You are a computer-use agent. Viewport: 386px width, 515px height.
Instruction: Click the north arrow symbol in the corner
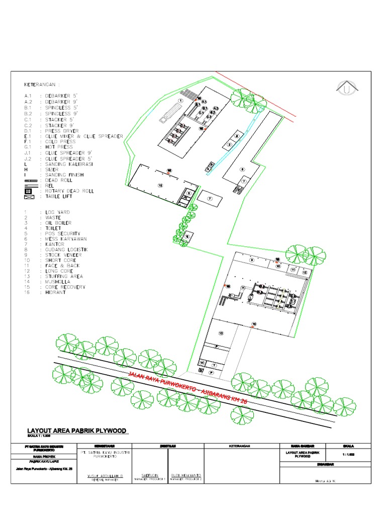pos(347,89)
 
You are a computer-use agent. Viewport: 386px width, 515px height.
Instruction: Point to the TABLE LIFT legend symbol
pos(29,197)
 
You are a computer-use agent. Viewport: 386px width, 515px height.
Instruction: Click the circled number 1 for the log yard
pos(179,101)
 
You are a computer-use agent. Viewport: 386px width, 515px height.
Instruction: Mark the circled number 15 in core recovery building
pos(160,185)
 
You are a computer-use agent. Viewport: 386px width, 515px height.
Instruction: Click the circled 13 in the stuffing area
pos(220,333)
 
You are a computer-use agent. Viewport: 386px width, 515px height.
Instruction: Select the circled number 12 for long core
pos(305,273)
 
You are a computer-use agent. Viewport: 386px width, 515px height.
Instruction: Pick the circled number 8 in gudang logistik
pos(242,169)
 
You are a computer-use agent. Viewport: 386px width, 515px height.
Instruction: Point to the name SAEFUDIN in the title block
pos(149,475)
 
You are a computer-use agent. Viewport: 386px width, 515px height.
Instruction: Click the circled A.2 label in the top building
pos(216,109)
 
